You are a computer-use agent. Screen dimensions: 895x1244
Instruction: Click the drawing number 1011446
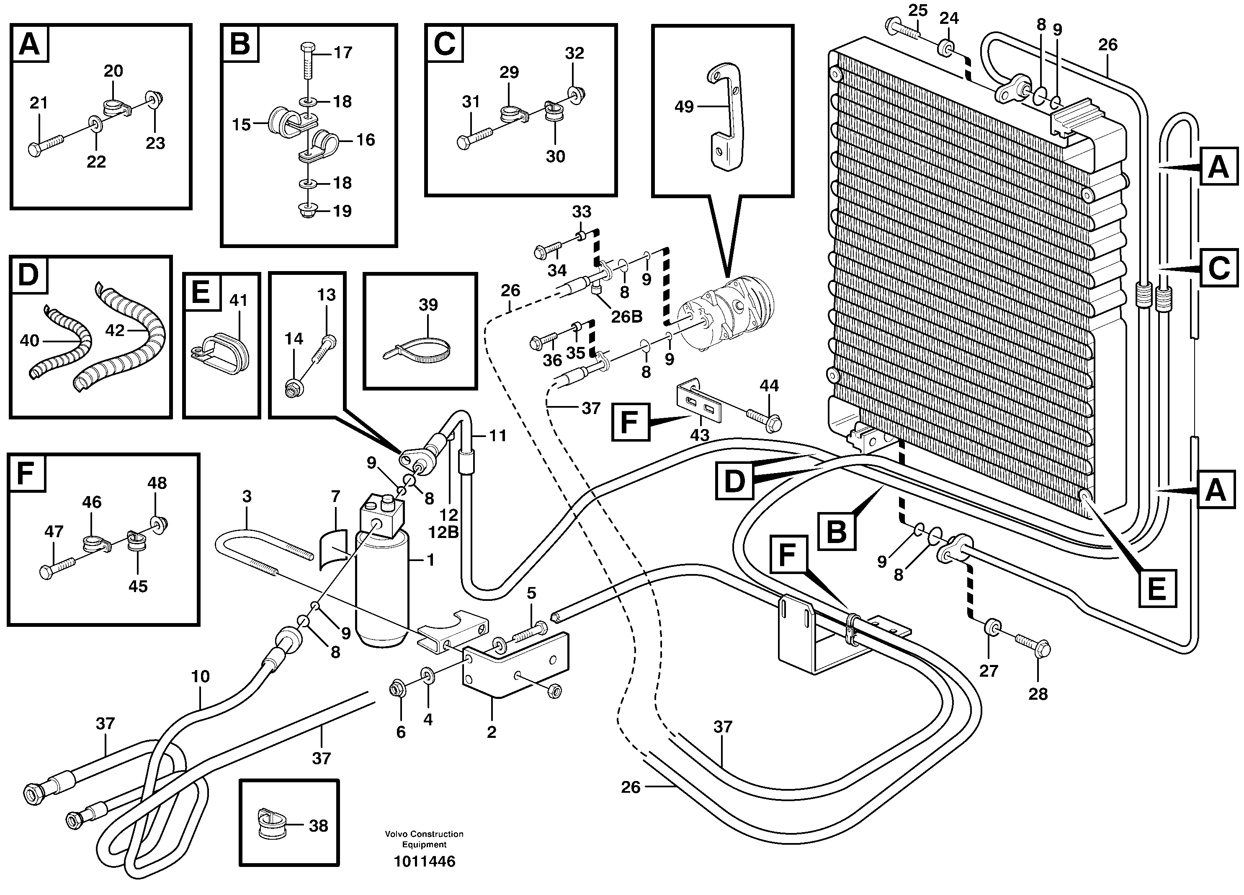[x=424, y=861]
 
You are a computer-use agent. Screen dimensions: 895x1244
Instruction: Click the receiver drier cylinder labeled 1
[x=382, y=587]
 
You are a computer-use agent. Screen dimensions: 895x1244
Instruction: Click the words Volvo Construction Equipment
[x=424, y=839]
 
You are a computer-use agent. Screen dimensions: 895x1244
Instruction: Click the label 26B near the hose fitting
[x=626, y=317]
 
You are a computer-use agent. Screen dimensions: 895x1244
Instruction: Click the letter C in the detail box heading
[x=444, y=44]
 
